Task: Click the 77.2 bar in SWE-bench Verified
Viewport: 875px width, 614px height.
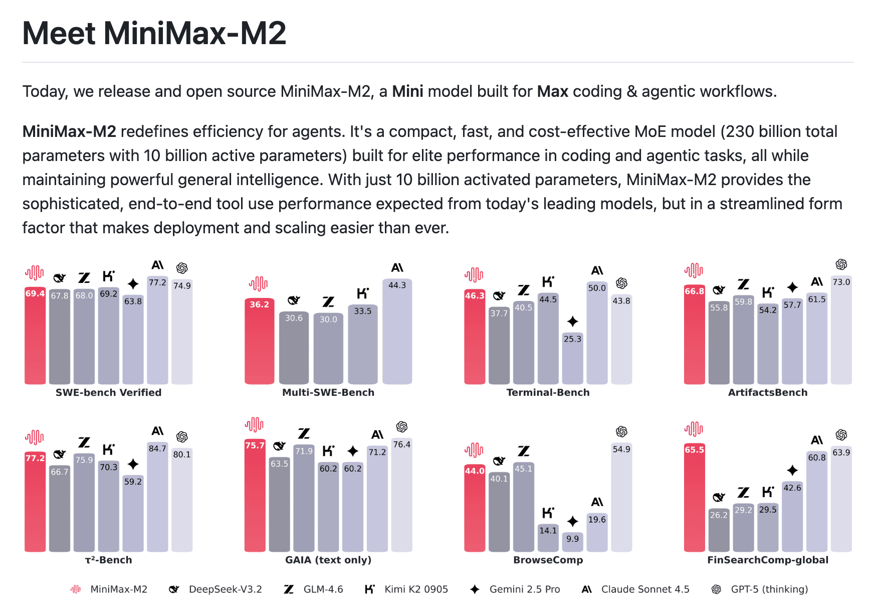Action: [157, 331]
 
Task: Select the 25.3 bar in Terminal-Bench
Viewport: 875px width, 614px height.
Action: [572, 359]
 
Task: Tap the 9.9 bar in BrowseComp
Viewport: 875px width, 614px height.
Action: [572, 543]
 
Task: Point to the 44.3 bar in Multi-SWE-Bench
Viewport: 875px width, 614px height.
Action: [397, 331]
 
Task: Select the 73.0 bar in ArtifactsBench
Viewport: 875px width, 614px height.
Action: [841, 331]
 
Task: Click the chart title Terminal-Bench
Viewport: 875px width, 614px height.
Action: [548, 392]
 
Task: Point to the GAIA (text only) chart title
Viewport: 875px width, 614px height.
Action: [328, 560]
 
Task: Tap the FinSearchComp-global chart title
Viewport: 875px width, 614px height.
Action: [768, 560]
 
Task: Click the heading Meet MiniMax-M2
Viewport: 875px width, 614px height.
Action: [154, 33]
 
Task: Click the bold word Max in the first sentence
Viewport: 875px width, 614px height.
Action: [552, 91]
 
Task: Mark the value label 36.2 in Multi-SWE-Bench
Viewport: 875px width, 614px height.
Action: [259, 304]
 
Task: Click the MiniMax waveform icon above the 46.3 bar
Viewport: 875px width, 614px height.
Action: [474, 275]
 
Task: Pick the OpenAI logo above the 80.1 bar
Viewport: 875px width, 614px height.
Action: [182, 437]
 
